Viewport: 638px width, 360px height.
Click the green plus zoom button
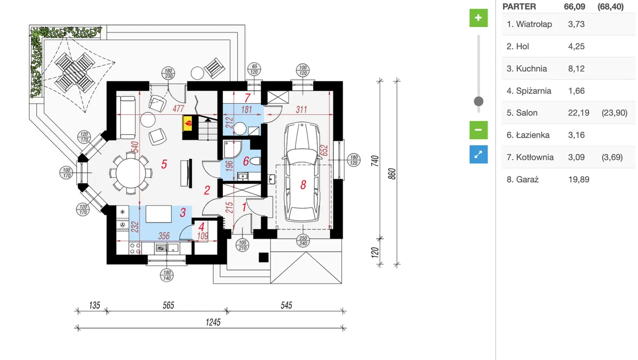click(x=478, y=18)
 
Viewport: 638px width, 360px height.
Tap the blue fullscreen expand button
click(x=478, y=155)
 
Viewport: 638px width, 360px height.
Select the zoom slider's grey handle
click(x=478, y=102)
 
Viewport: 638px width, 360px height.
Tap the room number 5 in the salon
click(x=164, y=164)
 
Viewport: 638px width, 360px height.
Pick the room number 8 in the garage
click(x=303, y=184)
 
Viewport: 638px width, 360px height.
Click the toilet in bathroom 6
click(x=255, y=161)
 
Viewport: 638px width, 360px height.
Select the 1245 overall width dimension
click(x=213, y=322)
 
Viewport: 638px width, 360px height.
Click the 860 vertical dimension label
click(x=392, y=173)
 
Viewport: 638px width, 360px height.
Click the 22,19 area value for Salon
click(x=578, y=113)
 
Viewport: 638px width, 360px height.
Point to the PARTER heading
click(x=519, y=6)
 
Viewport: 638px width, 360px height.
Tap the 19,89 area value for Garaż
click(x=578, y=179)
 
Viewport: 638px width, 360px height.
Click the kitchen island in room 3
click(x=159, y=215)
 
